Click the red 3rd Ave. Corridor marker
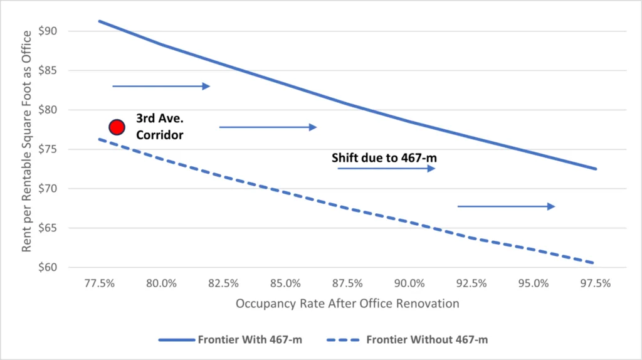(117, 127)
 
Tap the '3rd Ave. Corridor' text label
(160, 126)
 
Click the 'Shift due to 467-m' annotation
(384, 157)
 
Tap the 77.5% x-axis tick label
(100, 283)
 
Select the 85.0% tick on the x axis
(286, 283)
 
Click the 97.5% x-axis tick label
(596, 283)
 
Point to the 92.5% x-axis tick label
(471, 283)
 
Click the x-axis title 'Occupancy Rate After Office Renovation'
(347, 304)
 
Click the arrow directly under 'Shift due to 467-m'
(386, 169)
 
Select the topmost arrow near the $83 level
(161, 86)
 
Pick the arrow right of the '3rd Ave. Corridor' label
(268, 127)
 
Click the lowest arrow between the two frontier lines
(506, 206)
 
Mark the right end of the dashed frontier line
(594, 263)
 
